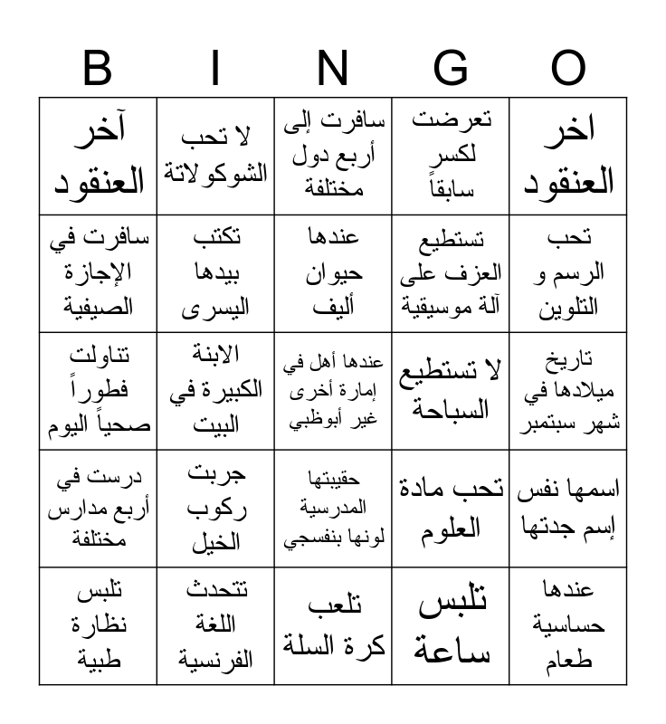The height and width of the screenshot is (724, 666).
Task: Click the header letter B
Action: (98, 69)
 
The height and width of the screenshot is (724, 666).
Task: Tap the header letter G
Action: (451, 69)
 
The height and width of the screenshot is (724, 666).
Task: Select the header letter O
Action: (568, 69)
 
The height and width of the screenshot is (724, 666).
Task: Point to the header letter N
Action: (333, 69)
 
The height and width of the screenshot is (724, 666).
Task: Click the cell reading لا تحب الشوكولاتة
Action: (215, 156)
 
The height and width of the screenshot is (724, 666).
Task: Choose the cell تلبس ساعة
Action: (451, 626)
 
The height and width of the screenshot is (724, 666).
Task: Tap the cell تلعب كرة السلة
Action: (333, 626)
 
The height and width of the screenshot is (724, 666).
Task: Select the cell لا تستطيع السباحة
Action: (451, 391)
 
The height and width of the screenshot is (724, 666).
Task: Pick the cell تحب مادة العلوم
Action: (451, 509)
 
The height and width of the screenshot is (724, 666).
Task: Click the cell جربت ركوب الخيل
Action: (215, 509)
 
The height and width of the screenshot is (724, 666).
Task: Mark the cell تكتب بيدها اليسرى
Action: (215, 273)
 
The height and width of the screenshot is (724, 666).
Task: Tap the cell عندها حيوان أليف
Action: (333, 273)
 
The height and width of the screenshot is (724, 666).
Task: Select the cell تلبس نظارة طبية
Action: (98, 626)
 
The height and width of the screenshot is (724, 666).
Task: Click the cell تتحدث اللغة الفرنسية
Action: (215, 626)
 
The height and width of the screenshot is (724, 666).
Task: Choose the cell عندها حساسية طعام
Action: (568, 626)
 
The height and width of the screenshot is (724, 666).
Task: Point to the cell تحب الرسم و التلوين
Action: (568, 273)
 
